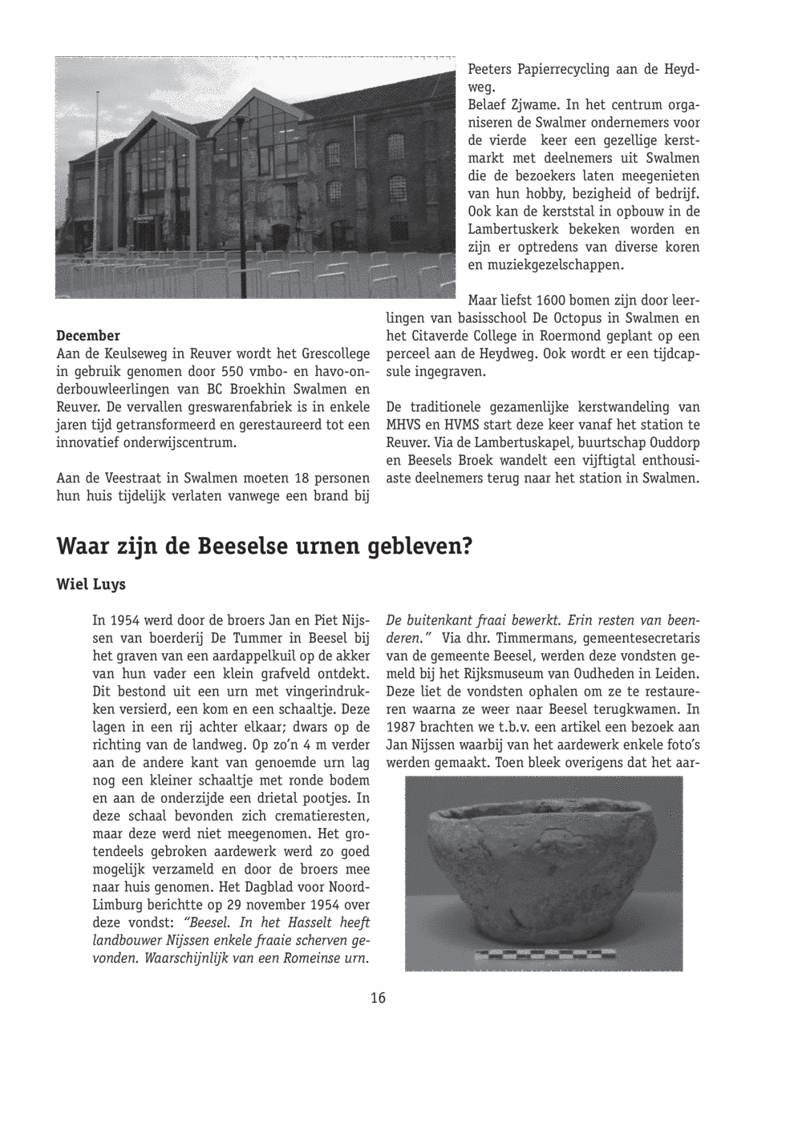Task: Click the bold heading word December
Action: (88, 335)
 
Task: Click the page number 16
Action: (378, 998)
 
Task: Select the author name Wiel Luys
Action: (91, 584)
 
